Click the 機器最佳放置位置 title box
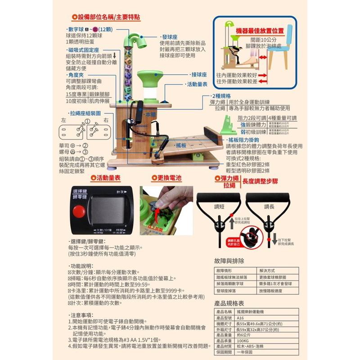(x=260, y=31)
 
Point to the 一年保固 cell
(x=246, y=353)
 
